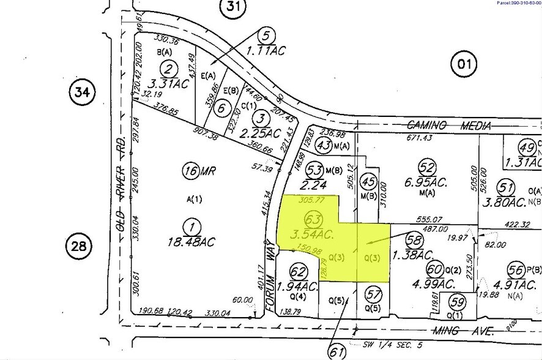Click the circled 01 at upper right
(464, 62)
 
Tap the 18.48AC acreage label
(192, 225)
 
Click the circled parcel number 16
(190, 171)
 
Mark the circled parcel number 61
(335, 352)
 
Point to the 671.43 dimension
(432, 139)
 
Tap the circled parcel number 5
(264, 34)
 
